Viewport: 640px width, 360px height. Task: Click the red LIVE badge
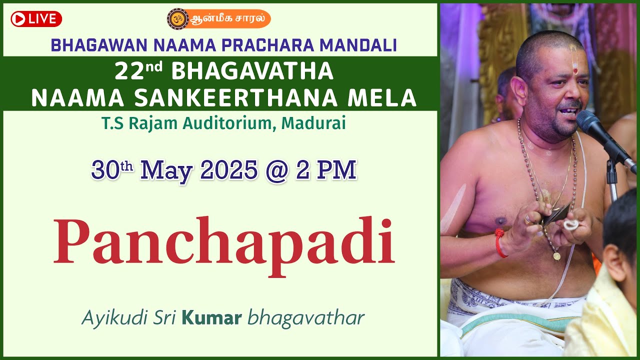(36, 19)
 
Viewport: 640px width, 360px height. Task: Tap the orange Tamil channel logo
(218, 19)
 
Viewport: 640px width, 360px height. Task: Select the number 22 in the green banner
(125, 72)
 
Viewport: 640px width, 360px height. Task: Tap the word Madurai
(313, 123)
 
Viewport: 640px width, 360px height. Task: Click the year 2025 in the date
(229, 171)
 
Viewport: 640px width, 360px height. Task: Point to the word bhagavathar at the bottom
(306, 317)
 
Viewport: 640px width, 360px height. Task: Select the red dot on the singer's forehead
(575, 71)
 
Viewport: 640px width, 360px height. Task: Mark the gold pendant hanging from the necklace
(556, 256)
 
